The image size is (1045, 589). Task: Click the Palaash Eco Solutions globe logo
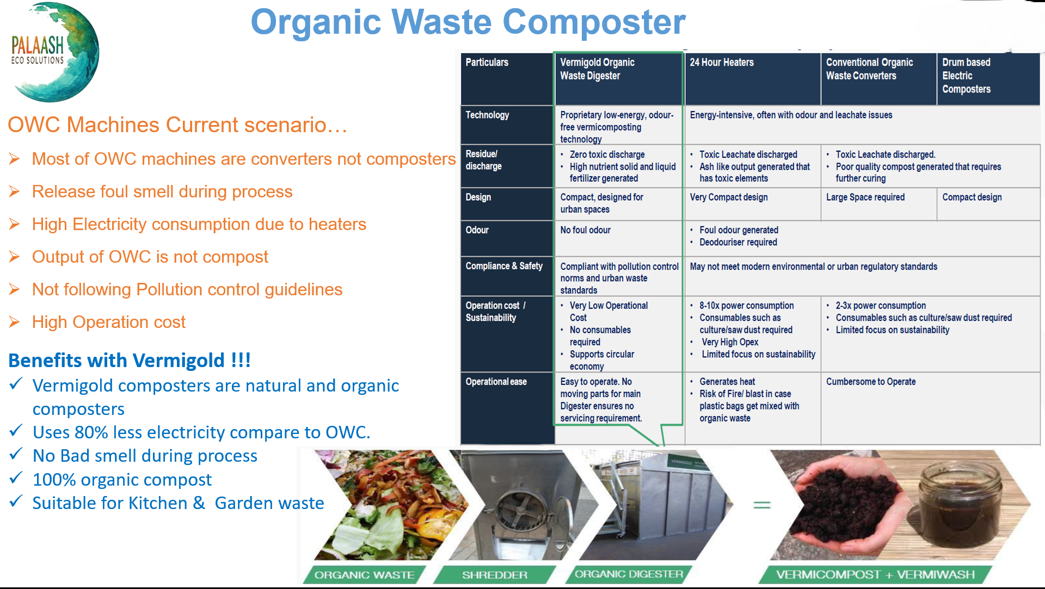pos(54,52)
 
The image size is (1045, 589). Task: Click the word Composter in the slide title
pos(594,22)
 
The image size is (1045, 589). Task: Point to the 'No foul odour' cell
pos(585,230)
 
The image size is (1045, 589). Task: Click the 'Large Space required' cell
pos(865,197)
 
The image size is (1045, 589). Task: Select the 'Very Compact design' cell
pos(729,197)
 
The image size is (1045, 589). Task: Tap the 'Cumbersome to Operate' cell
pos(871,382)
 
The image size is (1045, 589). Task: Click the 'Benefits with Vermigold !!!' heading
pos(130,361)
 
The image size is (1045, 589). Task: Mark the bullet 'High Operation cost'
pos(109,322)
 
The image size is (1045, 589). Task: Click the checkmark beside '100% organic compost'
pos(16,478)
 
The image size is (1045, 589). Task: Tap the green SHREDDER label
pos(495,575)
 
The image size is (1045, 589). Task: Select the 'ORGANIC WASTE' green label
pos(364,575)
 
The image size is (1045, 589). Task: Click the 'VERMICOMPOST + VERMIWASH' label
pos(875,575)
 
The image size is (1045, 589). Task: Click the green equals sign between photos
pos(762,505)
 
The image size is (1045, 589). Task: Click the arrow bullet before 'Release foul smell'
pos(14,191)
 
